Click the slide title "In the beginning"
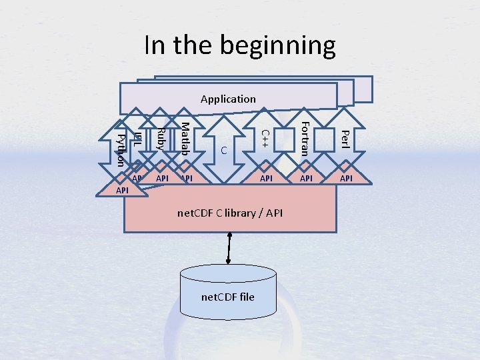click(240, 46)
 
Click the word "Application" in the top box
click(228, 99)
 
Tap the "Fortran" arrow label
click(305, 138)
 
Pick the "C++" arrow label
click(265, 138)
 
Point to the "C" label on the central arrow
click(225, 151)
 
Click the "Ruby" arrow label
click(161, 138)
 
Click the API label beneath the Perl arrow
click(347, 179)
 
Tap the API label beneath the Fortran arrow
click(307, 179)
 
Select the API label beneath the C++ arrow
click(266, 179)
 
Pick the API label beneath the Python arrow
click(122, 191)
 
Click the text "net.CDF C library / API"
click(230, 213)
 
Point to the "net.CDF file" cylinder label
click(228, 296)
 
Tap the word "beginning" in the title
click(283, 46)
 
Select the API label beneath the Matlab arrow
click(187, 179)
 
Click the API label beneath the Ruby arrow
click(162, 179)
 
